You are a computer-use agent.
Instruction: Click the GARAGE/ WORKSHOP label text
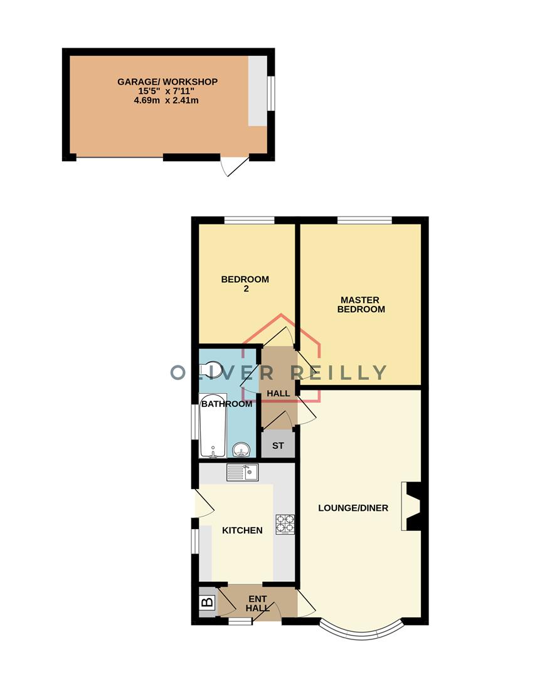167,81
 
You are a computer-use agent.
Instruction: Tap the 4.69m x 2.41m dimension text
167,100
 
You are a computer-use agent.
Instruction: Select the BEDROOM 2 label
245,284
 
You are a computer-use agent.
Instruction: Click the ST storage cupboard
277,446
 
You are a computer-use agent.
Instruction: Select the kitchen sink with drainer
242,472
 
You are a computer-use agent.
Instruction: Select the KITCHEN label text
242,530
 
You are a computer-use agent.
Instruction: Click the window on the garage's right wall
271,93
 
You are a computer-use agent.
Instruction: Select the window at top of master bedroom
364,220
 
